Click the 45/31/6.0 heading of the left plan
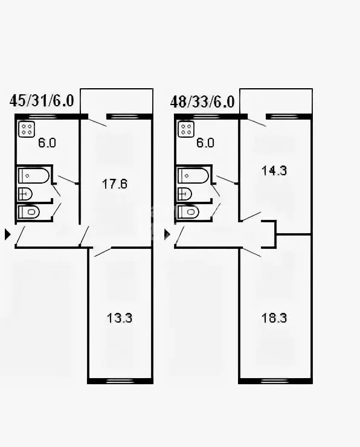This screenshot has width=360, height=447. (x=42, y=101)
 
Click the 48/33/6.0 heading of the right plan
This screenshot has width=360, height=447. (x=202, y=101)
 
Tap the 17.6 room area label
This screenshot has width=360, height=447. (x=115, y=184)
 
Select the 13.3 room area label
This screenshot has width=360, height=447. (x=120, y=318)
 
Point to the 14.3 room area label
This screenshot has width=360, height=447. (x=274, y=170)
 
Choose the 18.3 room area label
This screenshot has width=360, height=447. (x=274, y=318)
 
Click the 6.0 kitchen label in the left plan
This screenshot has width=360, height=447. (x=47, y=143)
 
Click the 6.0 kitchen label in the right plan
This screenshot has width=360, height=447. (x=205, y=143)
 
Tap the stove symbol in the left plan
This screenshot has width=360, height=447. (x=27, y=129)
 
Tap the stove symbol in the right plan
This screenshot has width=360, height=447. (x=186, y=129)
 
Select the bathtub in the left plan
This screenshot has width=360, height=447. (x=34, y=176)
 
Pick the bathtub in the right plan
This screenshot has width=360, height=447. (x=193, y=176)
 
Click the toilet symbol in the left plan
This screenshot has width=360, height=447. (x=29, y=212)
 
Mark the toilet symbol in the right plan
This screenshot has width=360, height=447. (x=188, y=212)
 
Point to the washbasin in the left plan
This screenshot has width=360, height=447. (x=25, y=194)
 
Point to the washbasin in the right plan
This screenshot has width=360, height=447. (x=185, y=194)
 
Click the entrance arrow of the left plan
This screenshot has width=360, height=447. (x=8, y=234)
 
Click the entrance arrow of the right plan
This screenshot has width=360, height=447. (x=167, y=234)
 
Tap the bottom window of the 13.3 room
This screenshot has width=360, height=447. (x=120, y=381)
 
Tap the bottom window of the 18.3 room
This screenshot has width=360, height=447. (x=274, y=381)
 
